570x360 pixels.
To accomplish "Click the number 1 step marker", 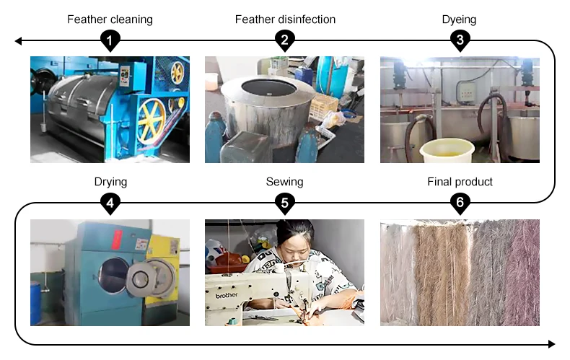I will coord(110,41).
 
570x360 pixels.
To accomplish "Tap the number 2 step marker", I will coord(285,41).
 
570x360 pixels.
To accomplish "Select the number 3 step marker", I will coord(460,41).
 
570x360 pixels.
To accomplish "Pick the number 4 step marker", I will coord(110,204).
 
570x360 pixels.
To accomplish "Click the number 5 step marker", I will coord(285,204).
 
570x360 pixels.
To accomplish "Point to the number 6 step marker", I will coord(460,204).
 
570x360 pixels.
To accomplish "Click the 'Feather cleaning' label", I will coord(110,19).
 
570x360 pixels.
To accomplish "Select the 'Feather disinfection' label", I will coord(285,19).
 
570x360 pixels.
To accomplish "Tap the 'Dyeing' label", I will coord(460,19).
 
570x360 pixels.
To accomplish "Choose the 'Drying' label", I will coord(110,182).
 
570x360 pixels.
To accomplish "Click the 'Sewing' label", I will coord(285,182).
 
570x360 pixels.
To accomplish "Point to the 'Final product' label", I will coord(460,182).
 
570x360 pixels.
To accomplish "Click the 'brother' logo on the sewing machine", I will coord(226,294).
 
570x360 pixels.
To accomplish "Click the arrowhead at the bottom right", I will coord(551,343).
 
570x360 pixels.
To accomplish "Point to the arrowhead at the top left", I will coord(19,42).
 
